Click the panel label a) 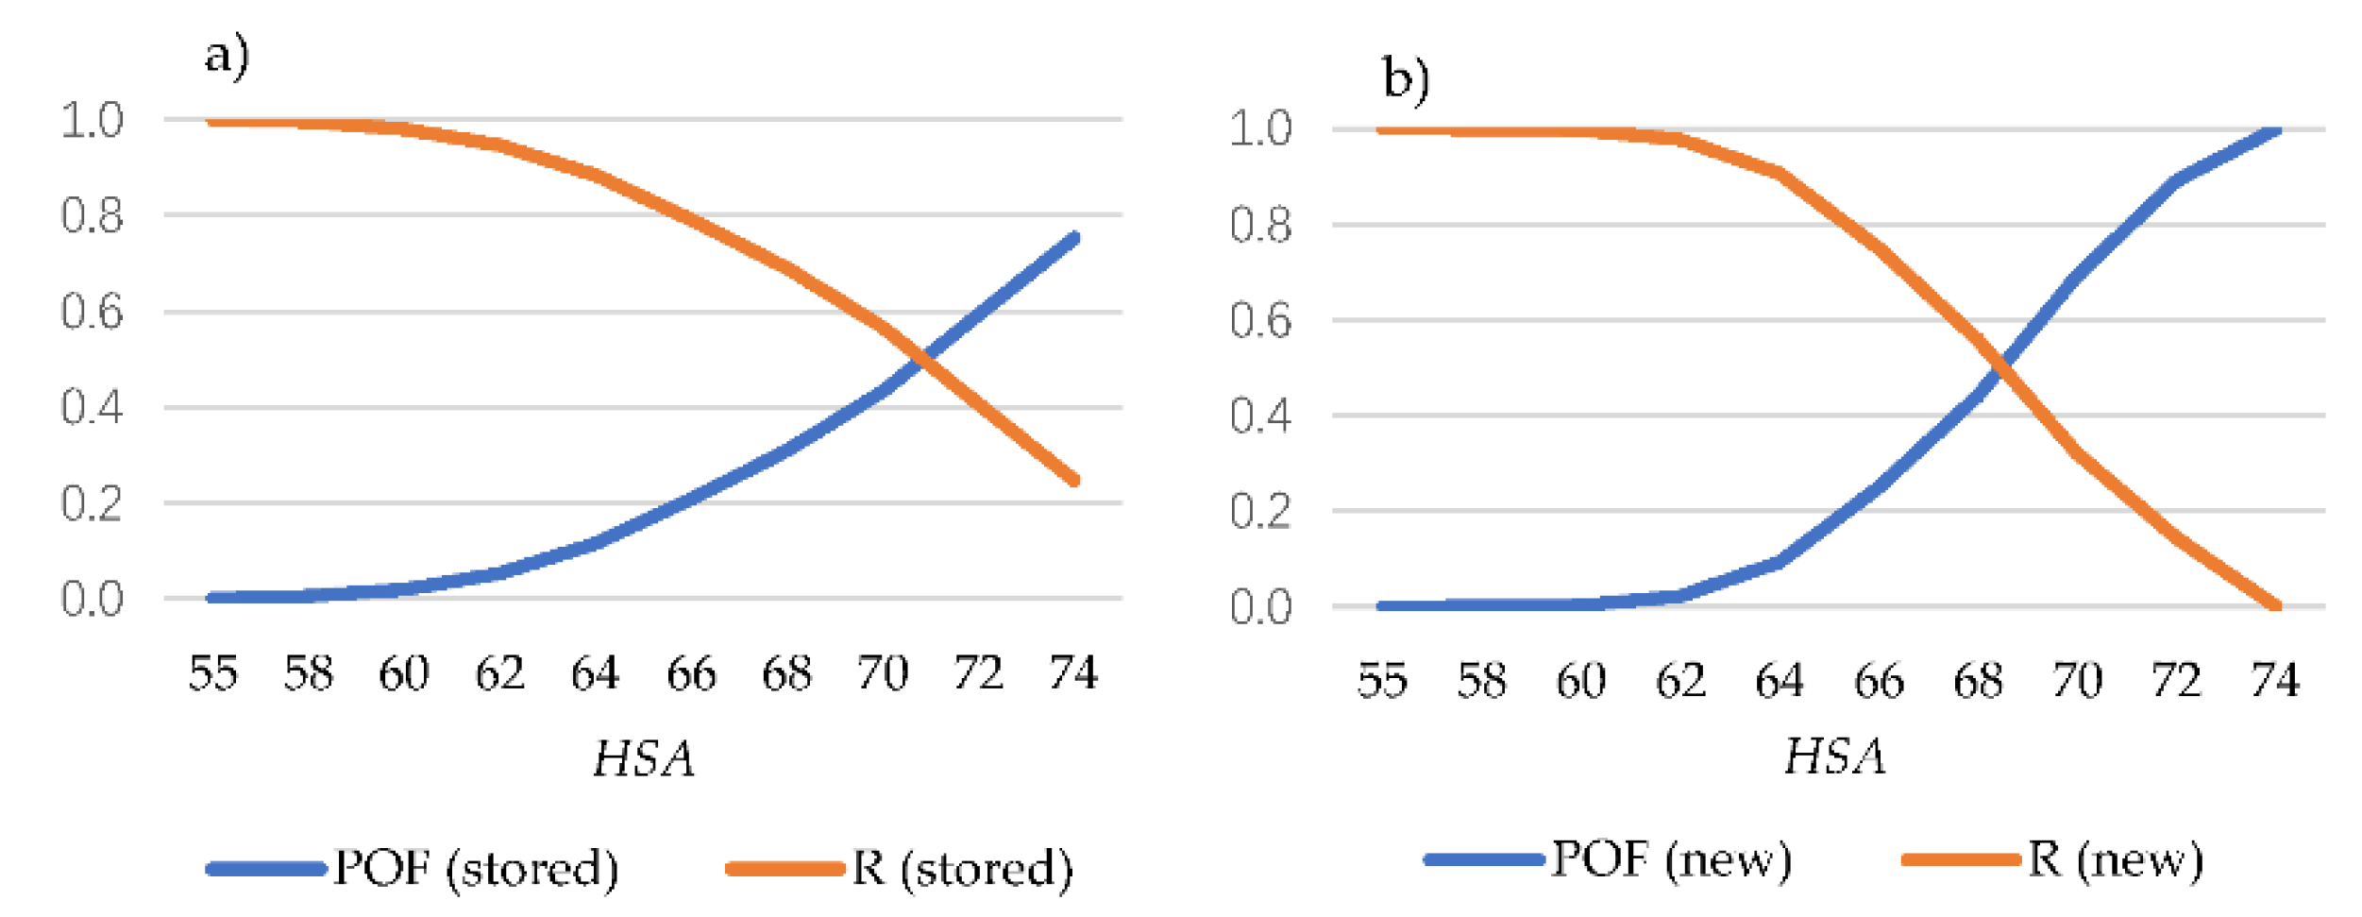(x=227, y=55)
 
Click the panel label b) (x=1405, y=78)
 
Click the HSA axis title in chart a (x=644, y=758)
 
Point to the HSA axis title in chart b (x=1834, y=756)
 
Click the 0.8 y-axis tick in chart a (x=92, y=215)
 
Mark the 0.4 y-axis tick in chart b (x=1260, y=416)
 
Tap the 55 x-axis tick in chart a (x=212, y=673)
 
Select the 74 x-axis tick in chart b (x=2275, y=680)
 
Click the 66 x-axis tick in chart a (x=691, y=673)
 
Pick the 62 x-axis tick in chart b (x=1680, y=680)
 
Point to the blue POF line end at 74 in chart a (x=1074, y=238)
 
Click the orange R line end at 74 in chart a (x=1074, y=481)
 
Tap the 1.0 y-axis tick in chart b (x=1260, y=128)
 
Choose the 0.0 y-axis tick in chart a (x=92, y=599)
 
